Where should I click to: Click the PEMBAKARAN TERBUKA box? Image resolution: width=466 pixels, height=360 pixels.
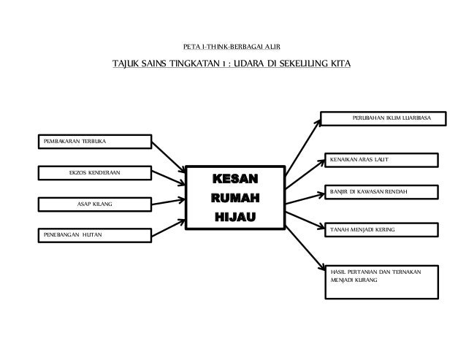coord(93,141)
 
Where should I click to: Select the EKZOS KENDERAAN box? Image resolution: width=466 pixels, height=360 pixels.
coord(93,173)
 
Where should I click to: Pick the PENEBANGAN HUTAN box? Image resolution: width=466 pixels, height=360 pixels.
coord(93,234)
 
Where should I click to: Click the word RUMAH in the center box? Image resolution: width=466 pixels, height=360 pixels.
coord(234,199)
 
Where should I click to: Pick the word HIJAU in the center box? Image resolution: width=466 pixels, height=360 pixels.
coord(234,217)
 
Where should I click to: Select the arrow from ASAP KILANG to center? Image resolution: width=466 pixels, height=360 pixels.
coord(169,202)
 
